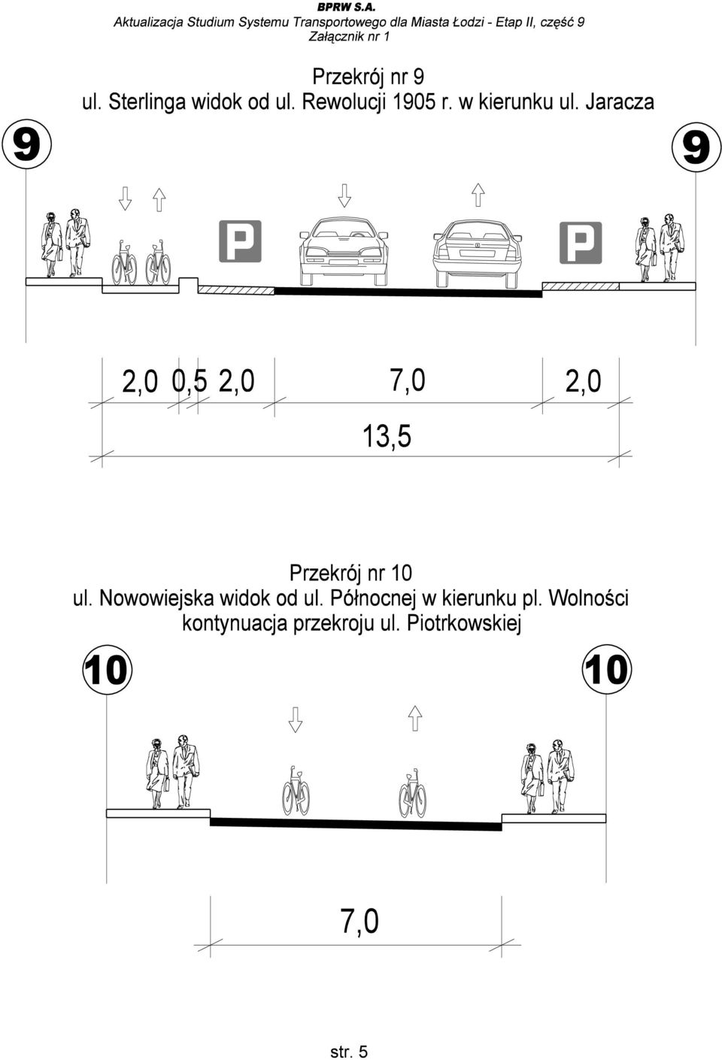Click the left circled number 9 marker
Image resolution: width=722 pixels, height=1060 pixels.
coord(26,144)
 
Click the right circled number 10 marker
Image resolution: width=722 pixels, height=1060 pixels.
coord(606,670)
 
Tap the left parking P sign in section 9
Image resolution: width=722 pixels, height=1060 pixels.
coord(240,241)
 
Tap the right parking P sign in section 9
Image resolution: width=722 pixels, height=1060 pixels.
coord(581,243)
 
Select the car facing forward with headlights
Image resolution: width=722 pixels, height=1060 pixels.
coord(344,251)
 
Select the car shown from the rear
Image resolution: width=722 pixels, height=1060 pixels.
coord(478,253)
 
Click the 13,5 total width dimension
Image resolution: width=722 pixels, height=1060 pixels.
coord(387,436)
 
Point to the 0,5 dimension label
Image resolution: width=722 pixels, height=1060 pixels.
coord(190,381)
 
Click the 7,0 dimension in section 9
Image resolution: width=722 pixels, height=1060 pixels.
coord(408,380)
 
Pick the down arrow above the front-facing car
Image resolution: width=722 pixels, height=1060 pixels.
coord(344,195)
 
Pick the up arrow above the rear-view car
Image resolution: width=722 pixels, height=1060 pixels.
coord(478,195)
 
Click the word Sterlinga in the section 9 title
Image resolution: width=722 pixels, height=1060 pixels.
coord(147,102)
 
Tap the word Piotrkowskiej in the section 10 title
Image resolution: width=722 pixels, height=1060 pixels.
coord(464,624)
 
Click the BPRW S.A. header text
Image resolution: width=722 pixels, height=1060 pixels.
coord(353,8)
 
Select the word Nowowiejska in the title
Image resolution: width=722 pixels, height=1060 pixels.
coord(156,598)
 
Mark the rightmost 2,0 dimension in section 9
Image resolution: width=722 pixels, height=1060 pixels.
coord(584,381)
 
